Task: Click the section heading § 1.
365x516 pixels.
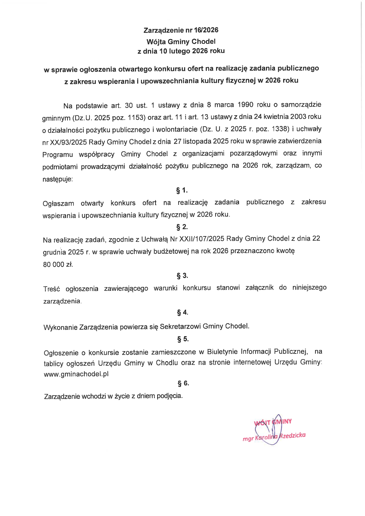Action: point(182,190)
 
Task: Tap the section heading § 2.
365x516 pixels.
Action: point(182,227)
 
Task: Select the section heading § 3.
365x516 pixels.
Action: point(182,276)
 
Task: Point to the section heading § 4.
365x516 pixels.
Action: point(182,312)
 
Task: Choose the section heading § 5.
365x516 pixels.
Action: point(183,339)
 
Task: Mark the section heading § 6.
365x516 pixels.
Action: point(183,383)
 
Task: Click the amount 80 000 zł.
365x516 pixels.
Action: point(58,265)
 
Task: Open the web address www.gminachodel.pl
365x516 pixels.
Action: point(76,374)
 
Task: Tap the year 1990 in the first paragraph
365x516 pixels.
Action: point(245,105)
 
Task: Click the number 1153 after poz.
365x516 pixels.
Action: point(137,118)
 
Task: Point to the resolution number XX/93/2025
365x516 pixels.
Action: point(68,142)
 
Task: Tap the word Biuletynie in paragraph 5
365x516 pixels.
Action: point(223,352)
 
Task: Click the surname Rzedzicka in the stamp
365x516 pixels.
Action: point(292,436)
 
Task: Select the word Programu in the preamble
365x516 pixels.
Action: point(58,155)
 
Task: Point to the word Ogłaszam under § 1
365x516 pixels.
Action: point(58,204)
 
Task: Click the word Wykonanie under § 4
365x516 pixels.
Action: point(60,328)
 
